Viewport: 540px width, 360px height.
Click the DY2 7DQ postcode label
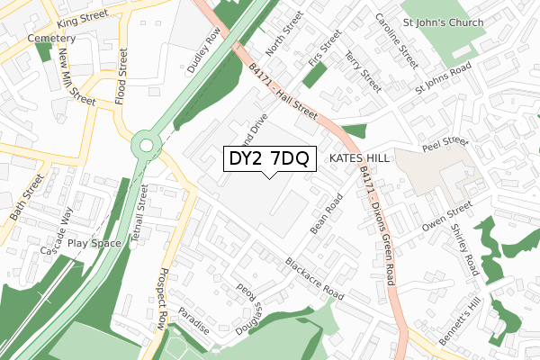pyautogui.click(x=268, y=158)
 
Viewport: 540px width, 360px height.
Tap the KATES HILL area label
pyautogui.click(x=359, y=157)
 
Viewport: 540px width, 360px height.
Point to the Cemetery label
pyautogui.click(x=51, y=40)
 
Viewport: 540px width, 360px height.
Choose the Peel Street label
pyautogui.click(x=446, y=144)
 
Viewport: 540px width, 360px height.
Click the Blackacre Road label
pyautogui.click(x=314, y=280)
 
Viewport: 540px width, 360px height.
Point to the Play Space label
pyautogui.click(x=94, y=243)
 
